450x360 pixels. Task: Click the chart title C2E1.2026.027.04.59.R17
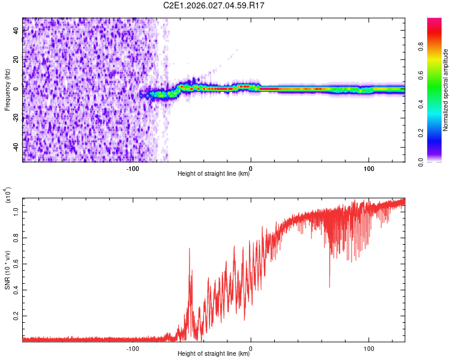[x=214, y=7]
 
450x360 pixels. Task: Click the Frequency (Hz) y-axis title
[x=8, y=90]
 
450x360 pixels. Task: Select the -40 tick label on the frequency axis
[x=16, y=147]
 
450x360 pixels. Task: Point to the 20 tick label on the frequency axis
[x=16, y=59]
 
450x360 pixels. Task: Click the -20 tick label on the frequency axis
[x=16, y=118]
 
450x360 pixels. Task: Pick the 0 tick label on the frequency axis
[x=16, y=89]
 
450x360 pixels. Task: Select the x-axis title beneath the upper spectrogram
[x=214, y=174]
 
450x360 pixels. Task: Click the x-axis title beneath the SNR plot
[x=214, y=355]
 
